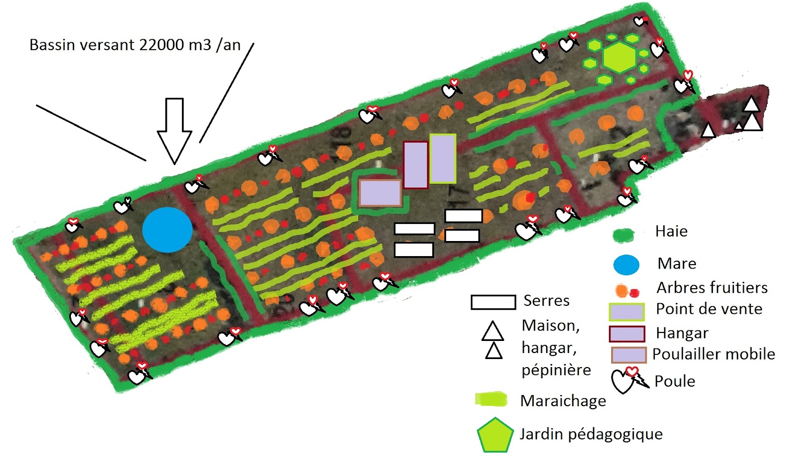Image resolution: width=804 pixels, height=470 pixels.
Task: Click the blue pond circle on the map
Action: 167,230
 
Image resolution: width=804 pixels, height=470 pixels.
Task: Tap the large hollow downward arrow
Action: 174,131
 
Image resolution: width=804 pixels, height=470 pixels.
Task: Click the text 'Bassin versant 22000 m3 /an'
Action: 135,45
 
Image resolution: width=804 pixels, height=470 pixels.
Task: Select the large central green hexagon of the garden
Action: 620,57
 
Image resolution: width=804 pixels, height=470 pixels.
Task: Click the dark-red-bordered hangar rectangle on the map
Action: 416,165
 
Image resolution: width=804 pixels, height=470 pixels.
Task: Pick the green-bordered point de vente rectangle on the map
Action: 443,159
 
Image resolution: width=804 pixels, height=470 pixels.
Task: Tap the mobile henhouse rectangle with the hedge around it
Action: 380,193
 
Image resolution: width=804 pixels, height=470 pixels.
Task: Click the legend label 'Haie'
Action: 671,231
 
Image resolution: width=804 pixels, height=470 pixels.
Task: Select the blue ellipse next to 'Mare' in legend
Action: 626,265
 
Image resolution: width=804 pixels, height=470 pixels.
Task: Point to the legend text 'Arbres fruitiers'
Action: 712,287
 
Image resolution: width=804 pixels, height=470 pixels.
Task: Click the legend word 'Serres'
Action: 546,301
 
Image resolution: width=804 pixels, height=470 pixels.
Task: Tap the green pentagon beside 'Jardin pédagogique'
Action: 495,435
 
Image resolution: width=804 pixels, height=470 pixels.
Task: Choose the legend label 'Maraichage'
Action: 563,401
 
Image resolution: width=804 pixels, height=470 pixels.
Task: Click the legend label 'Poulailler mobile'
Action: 714,354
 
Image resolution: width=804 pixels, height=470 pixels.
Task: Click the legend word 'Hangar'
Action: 682,333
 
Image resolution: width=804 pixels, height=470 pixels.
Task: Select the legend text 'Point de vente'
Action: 709,309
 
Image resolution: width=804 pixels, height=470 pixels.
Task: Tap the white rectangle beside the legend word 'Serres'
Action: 493,302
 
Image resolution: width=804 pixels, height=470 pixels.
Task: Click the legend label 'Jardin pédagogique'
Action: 591,434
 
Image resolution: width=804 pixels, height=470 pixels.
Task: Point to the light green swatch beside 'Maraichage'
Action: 491,399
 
